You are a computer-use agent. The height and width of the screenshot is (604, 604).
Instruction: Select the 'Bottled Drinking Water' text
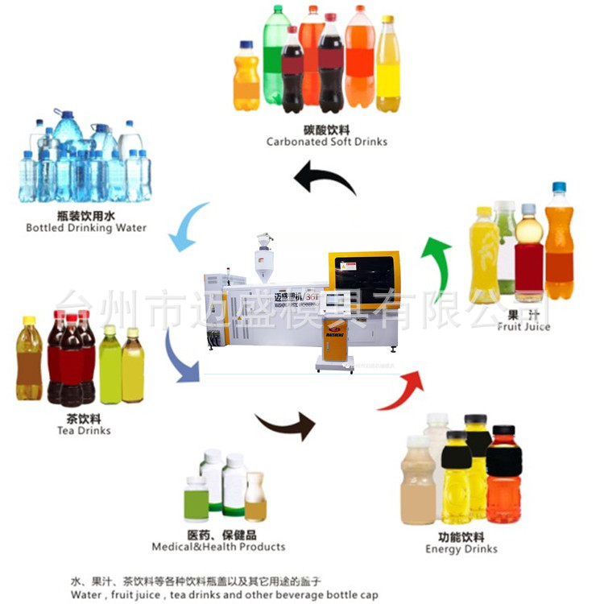click(86, 228)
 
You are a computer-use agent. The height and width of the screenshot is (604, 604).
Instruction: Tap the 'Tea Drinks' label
click(84, 431)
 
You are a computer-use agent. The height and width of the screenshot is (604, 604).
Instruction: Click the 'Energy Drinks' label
click(461, 549)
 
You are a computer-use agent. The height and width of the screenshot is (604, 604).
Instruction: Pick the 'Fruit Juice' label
click(523, 327)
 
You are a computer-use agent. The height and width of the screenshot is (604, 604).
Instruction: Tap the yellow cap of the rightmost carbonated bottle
click(387, 19)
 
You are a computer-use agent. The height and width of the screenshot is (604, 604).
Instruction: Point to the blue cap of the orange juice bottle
click(559, 188)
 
